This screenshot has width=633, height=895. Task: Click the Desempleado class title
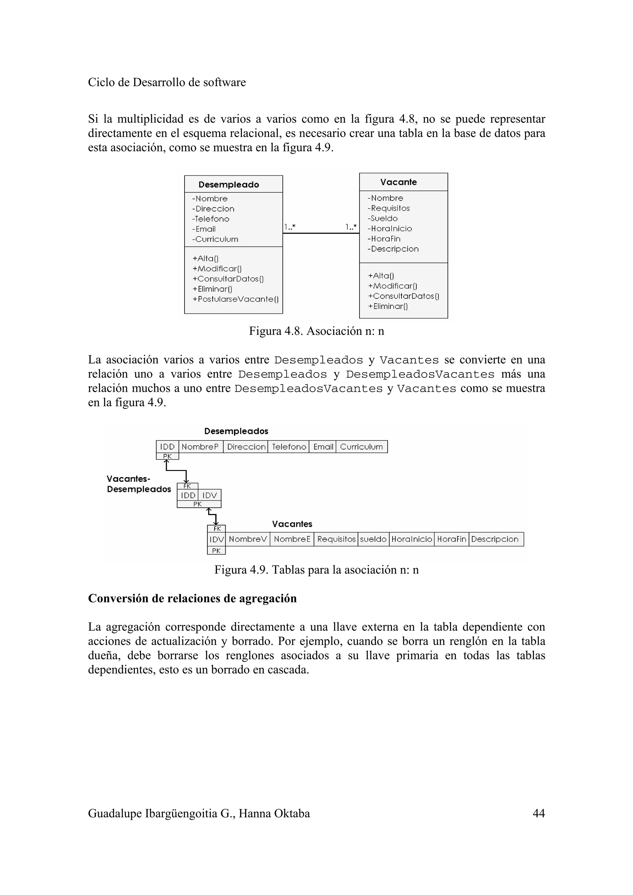[x=228, y=184]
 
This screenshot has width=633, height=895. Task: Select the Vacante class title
[x=398, y=182]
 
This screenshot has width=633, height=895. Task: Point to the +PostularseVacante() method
[x=235, y=299]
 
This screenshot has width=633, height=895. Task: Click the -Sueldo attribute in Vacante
[x=382, y=218]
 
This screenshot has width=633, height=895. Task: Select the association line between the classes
[x=321, y=233]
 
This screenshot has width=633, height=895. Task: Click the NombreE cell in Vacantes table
[x=292, y=539]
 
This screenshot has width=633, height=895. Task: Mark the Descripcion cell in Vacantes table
[x=495, y=539]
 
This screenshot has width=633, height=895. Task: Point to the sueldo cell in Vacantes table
[x=373, y=539]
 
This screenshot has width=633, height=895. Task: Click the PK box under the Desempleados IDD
[x=167, y=456]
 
